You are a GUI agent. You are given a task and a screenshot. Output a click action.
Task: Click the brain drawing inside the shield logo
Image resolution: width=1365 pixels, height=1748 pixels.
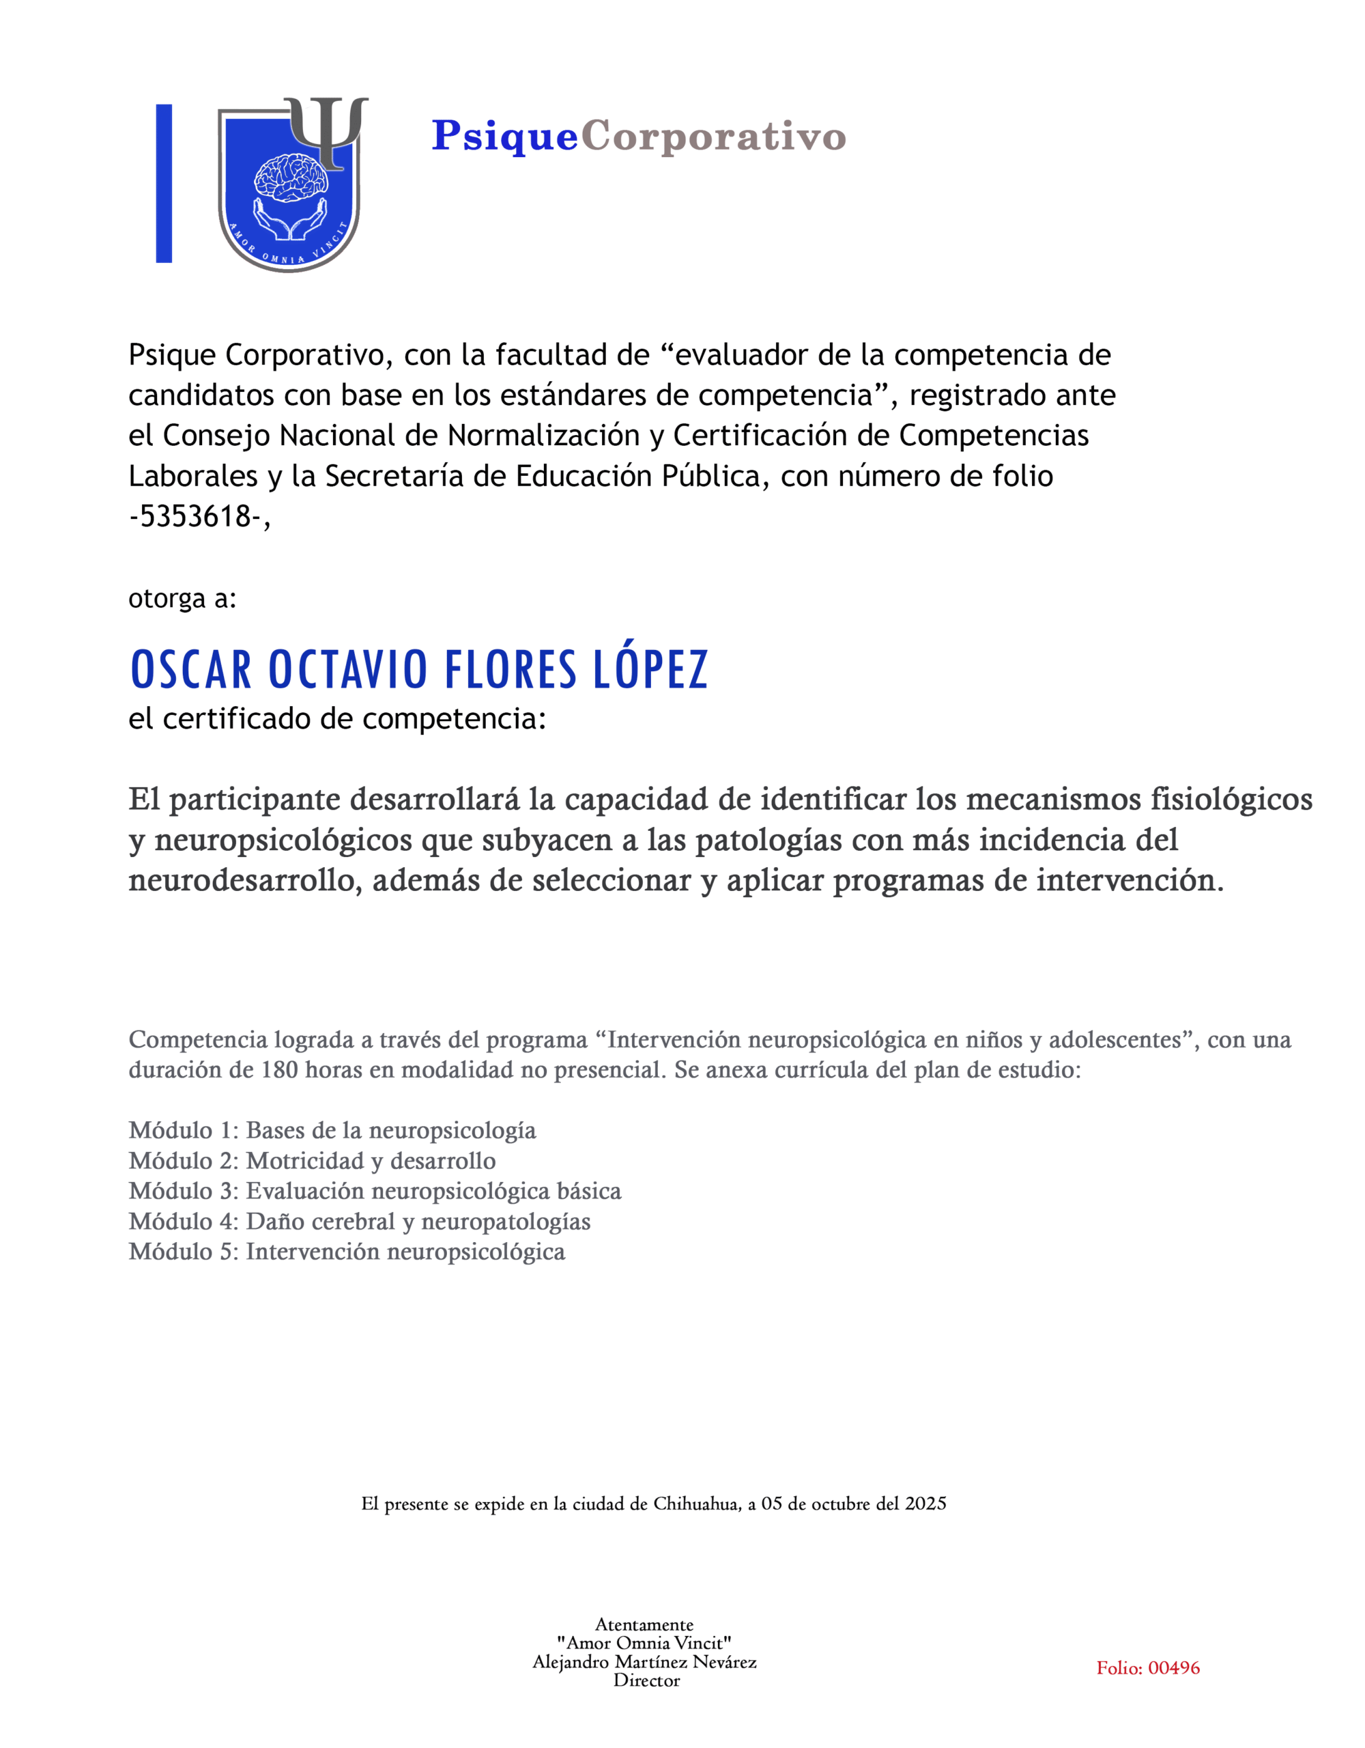pyautogui.click(x=289, y=177)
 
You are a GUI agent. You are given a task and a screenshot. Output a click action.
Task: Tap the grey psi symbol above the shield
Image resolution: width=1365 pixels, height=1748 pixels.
pyautogui.click(x=327, y=128)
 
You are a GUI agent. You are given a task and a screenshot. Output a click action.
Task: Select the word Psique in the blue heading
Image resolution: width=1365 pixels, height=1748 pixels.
pyautogui.click(x=504, y=136)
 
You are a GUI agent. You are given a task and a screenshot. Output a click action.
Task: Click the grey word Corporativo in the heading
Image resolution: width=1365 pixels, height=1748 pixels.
pyautogui.click(x=713, y=136)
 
